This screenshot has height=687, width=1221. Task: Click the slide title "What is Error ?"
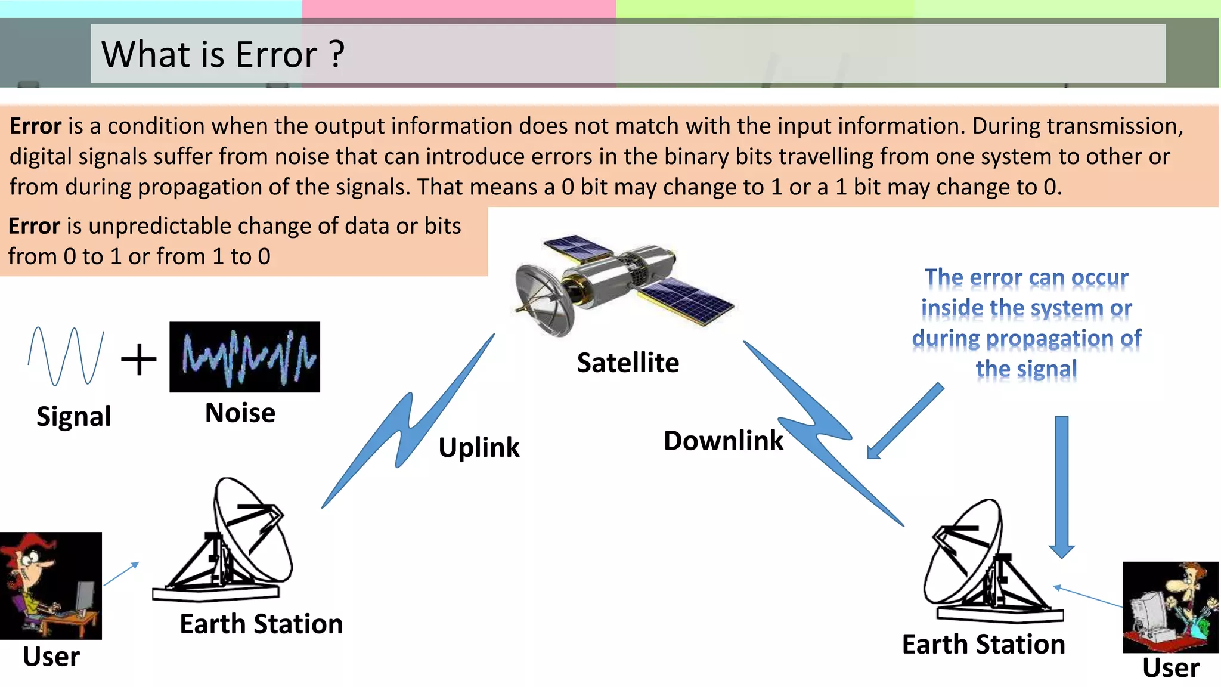click(x=223, y=54)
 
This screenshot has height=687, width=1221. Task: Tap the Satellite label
click(x=628, y=363)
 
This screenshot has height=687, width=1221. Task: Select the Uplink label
click(x=479, y=447)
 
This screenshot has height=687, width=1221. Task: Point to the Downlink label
click(x=723, y=441)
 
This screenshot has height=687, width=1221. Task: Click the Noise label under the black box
click(x=240, y=413)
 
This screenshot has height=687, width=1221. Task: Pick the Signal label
click(x=73, y=416)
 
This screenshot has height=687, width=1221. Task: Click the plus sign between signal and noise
click(x=139, y=360)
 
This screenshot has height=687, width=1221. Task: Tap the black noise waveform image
click(x=244, y=357)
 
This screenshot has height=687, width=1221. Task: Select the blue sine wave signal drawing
click(x=66, y=356)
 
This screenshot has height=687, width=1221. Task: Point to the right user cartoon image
click(x=1170, y=607)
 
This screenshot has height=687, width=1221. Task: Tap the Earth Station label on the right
click(x=983, y=645)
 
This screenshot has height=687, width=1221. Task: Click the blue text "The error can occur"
click(x=1026, y=278)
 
